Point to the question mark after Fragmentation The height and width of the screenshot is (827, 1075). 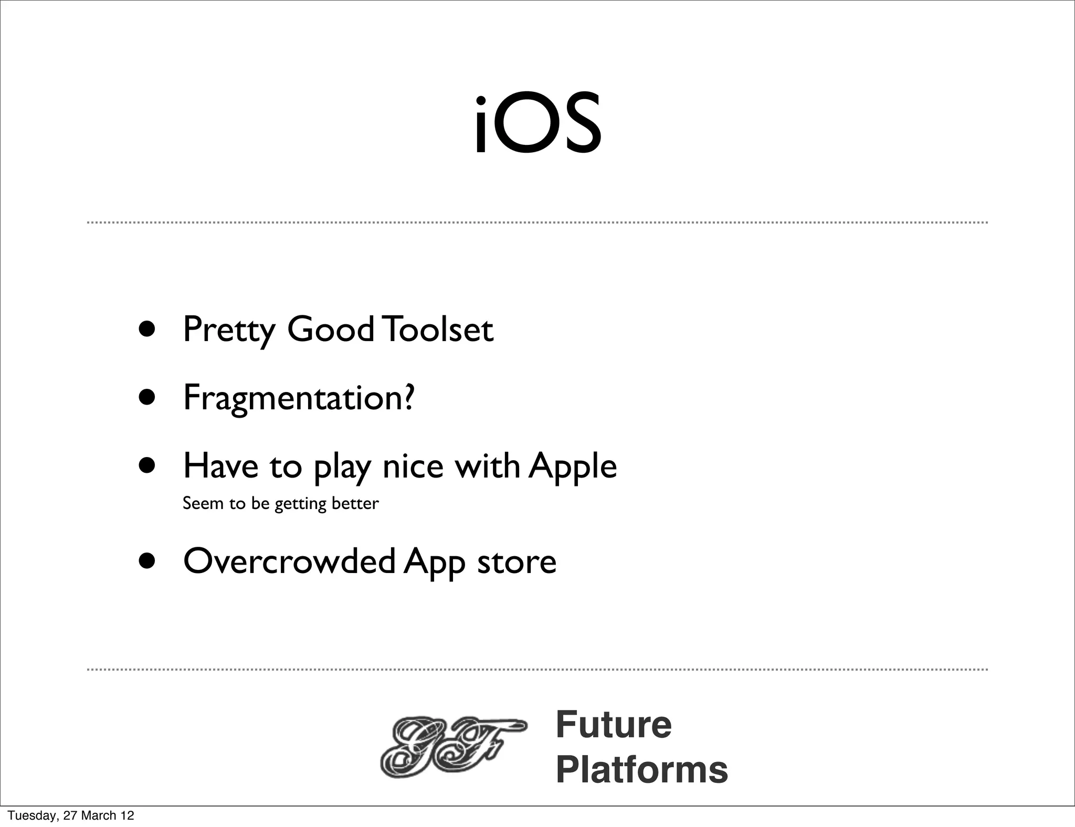coord(409,397)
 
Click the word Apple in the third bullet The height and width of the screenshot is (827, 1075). coord(573,466)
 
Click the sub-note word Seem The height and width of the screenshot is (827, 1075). coord(203,503)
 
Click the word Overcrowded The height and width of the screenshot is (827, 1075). coord(289,561)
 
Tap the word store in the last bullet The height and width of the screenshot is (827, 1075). coord(517,562)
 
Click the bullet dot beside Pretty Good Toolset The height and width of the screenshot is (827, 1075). coord(147,329)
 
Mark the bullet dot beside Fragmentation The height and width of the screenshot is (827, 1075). coord(147,397)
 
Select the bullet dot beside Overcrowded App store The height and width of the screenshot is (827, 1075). coord(147,561)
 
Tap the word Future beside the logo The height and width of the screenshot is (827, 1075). coord(613,725)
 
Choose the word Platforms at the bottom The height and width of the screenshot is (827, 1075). coord(641,770)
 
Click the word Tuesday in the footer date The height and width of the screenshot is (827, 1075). coord(32,815)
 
